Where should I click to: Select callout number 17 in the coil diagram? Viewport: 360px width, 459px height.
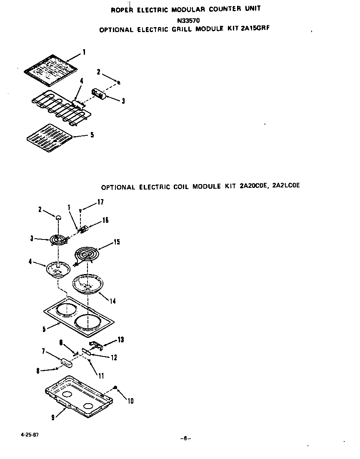(x=100, y=202)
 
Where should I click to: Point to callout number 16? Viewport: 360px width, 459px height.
(x=105, y=220)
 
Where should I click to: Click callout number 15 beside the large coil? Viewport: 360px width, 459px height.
(x=117, y=242)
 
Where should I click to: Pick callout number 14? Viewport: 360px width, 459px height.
(x=112, y=301)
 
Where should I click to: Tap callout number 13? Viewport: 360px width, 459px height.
(x=120, y=340)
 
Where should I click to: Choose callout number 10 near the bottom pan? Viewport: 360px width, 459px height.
(x=130, y=401)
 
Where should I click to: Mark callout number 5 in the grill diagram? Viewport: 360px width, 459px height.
(x=92, y=135)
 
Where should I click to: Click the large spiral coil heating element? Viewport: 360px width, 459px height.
(x=89, y=255)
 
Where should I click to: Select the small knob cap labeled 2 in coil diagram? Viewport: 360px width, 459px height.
(x=58, y=217)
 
